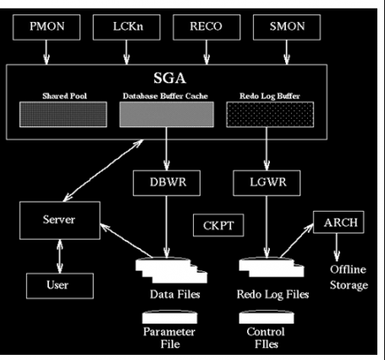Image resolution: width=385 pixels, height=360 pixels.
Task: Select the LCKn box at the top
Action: click(126, 27)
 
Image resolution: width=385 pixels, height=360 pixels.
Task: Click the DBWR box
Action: click(164, 182)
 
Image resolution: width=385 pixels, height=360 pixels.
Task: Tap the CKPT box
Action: click(217, 226)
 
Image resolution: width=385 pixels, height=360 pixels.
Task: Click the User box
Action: click(58, 285)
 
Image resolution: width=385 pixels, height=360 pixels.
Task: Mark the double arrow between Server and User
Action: click(58, 252)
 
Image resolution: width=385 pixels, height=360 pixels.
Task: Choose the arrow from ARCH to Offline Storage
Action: click(338, 249)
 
